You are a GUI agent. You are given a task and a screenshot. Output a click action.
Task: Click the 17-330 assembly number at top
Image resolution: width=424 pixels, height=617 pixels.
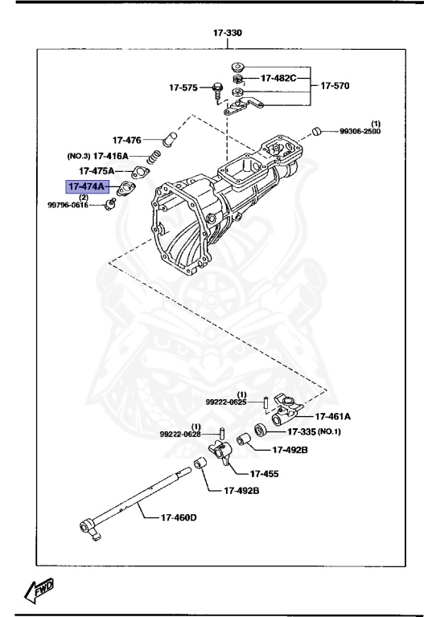point(228,33)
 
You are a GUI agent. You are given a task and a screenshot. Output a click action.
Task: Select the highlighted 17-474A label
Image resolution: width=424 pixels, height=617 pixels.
point(88,186)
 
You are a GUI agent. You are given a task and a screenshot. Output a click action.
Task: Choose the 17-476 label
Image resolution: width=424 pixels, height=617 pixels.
point(127,139)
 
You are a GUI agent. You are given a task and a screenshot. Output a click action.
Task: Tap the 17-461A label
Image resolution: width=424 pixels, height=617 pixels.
point(333,416)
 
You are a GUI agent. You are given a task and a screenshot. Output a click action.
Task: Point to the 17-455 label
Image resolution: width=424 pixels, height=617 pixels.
point(264,473)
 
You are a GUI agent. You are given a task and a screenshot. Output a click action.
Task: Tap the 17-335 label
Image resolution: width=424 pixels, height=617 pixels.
point(299,432)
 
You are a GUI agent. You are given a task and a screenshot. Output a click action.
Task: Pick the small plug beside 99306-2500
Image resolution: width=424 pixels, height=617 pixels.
point(318,130)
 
